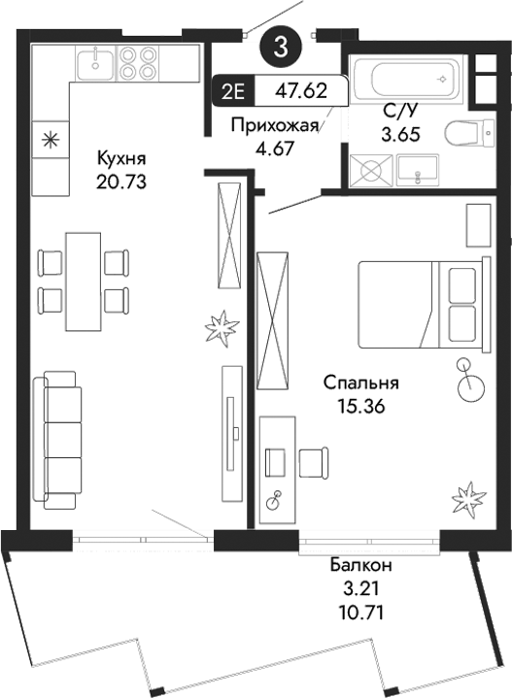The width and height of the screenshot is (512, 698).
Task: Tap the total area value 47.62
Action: pos(301,94)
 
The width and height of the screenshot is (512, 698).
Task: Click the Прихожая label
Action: pos(275,123)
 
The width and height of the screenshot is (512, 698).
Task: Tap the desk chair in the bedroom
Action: pos(313,462)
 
